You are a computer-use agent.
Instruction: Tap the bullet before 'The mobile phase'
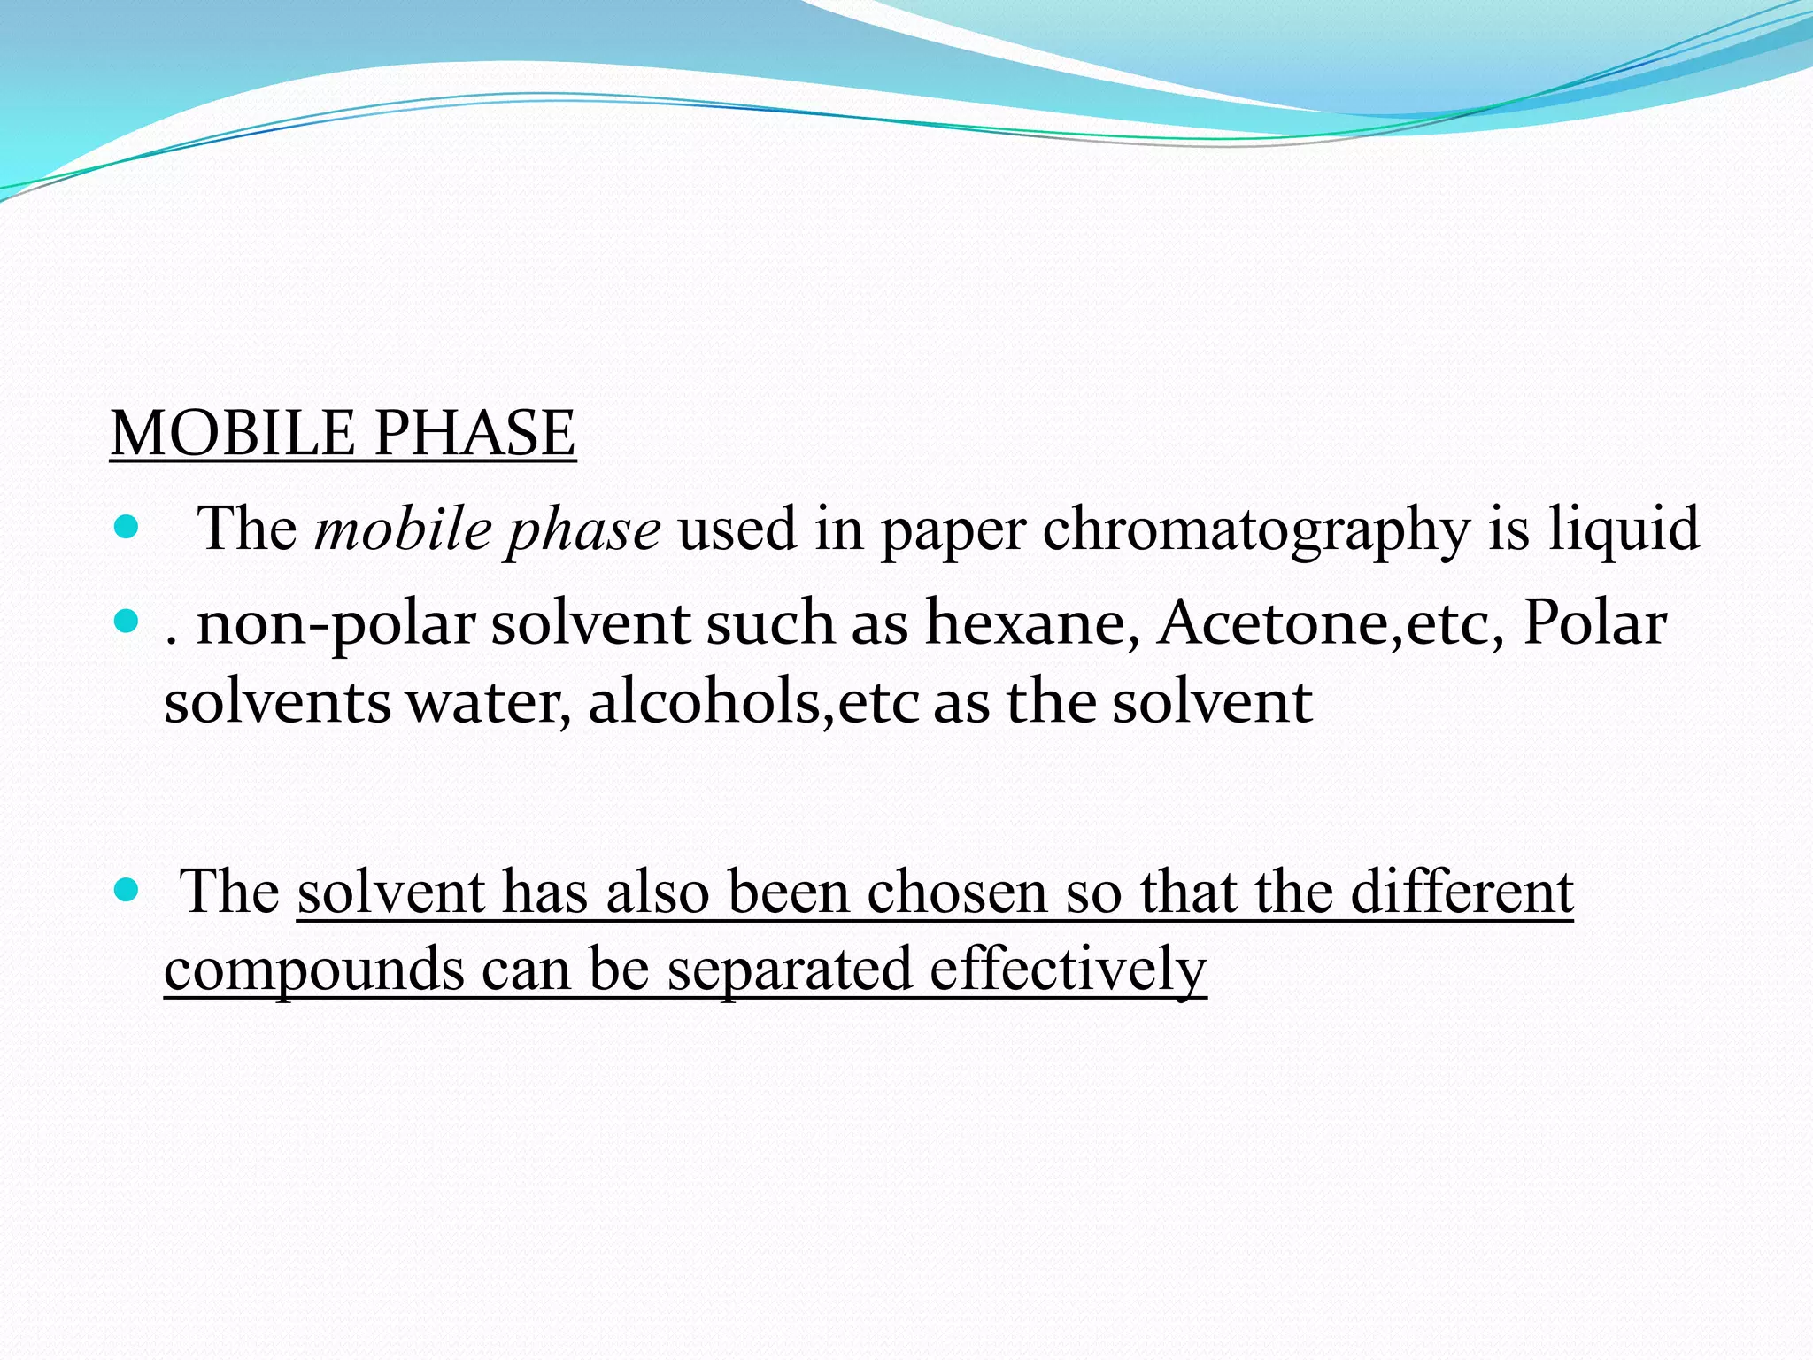127,529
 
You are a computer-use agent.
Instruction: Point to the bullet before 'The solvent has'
127,890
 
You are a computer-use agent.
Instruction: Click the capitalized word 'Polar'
1594,622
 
